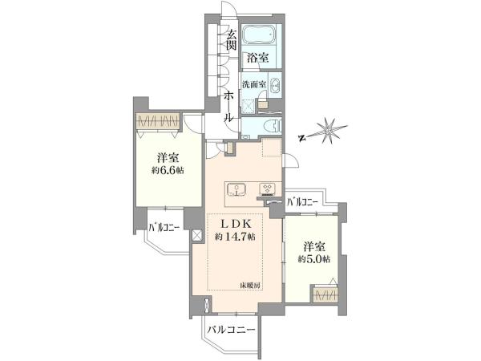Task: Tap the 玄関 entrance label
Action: [x=231, y=40]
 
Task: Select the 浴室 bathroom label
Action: [x=258, y=58]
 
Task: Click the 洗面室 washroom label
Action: [x=253, y=84]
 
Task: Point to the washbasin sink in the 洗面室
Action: [x=275, y=85]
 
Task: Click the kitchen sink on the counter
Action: [x=236, y=190]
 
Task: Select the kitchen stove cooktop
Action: [x=268, y=189]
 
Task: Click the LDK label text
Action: [x=236, y=225]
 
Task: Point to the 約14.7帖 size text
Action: [x=235, y=237]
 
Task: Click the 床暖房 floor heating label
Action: [x=250, y=286]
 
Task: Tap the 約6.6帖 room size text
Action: [x=168, y=171]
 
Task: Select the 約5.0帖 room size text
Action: [x=314, y=259]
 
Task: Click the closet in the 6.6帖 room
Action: [x=158, y=122]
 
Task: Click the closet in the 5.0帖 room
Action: [x=325, y=294]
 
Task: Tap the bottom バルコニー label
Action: [x=231, y=330]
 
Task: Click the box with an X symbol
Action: [x=197, y=236]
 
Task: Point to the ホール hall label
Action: [x=229, y=107]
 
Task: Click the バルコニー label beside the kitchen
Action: [x=302, y=201]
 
